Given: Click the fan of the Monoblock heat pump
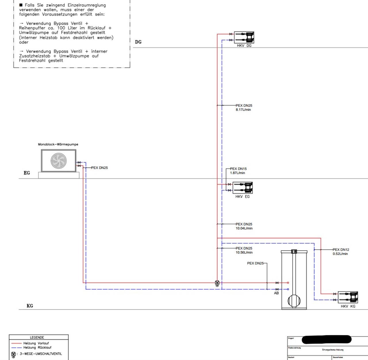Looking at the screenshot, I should click(x=59, y=161).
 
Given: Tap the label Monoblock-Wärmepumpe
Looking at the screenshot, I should click(x=58, y=144).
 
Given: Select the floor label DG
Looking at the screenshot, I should click(x=138, y=42).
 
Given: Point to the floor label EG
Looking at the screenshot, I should click(x=27, y=173).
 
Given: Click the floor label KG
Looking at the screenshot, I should click(x=30, y=306).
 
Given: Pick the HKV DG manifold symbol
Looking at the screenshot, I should click(x=244, y=37).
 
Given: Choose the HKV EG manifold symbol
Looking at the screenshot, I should click(x=243, y=188).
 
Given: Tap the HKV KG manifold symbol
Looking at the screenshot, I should click(x=348, y=297).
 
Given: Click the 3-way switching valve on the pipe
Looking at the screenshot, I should click(x=217, y=283).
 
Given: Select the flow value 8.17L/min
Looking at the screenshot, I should click(x=243, y=110).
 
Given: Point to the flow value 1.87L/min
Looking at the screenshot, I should click(x=237, y=173).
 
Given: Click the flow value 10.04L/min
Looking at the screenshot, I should click(x=244, y=228).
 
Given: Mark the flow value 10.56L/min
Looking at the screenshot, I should click(x=244, y=252).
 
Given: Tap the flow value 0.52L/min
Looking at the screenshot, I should click(x=340, y=254).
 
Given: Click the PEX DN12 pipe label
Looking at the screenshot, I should click(x=341, y=250).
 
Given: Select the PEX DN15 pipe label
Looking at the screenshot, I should click(x=238, y=169).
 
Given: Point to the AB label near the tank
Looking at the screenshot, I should click(x=276, y=293).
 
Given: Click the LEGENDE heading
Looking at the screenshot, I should click(x=37, y=337).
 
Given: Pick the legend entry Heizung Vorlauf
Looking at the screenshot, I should click(x=36, y=343).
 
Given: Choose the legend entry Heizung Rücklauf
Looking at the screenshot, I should click(x=37, y=347).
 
